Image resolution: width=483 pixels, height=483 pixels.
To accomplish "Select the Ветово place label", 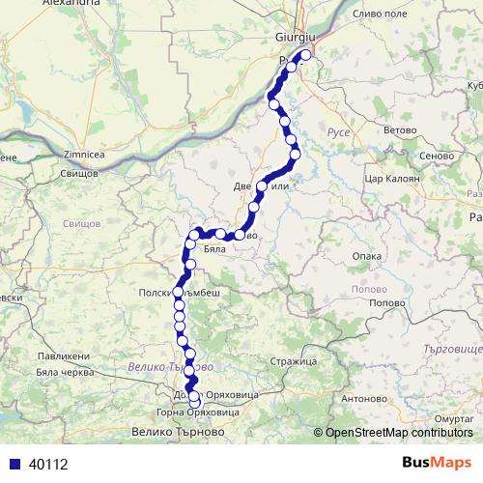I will pos(372,128).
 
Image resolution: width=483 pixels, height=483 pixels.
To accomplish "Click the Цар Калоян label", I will pos(387,180).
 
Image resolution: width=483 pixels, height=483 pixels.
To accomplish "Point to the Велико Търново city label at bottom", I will pos(173,432).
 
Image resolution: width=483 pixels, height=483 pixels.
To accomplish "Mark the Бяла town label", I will pos(214,249).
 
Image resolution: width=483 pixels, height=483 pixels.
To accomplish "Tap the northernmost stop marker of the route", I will pos(306,55).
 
